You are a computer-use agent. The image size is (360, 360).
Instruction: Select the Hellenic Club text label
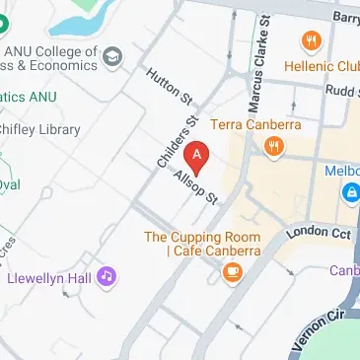pos(320,68)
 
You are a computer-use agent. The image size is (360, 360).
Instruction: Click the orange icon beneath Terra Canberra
pos(274,146)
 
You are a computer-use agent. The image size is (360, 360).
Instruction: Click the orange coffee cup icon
pos(234,274)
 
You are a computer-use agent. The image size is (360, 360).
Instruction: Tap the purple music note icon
pos(107,277)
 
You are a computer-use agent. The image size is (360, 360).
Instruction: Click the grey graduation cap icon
pos(113,53)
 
